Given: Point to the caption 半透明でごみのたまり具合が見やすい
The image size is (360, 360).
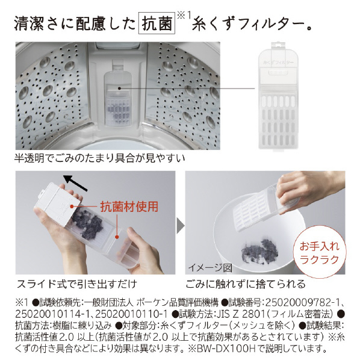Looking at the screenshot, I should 100,160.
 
